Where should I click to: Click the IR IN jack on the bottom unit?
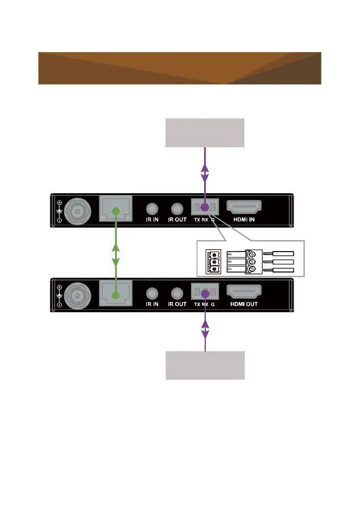click(152, 294)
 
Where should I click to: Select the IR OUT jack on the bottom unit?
click(177, 294)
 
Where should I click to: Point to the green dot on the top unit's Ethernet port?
click(116, 211)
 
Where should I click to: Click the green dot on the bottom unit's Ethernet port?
click(116, 295)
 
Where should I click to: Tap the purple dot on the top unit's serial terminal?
click(205, 209)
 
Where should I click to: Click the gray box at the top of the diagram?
click(205, 133)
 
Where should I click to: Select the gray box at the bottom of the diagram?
click(205, 365)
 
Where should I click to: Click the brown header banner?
click(179, 68)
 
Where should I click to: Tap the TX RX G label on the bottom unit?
click(205, 304)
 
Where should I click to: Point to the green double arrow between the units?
click(116, 253)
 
